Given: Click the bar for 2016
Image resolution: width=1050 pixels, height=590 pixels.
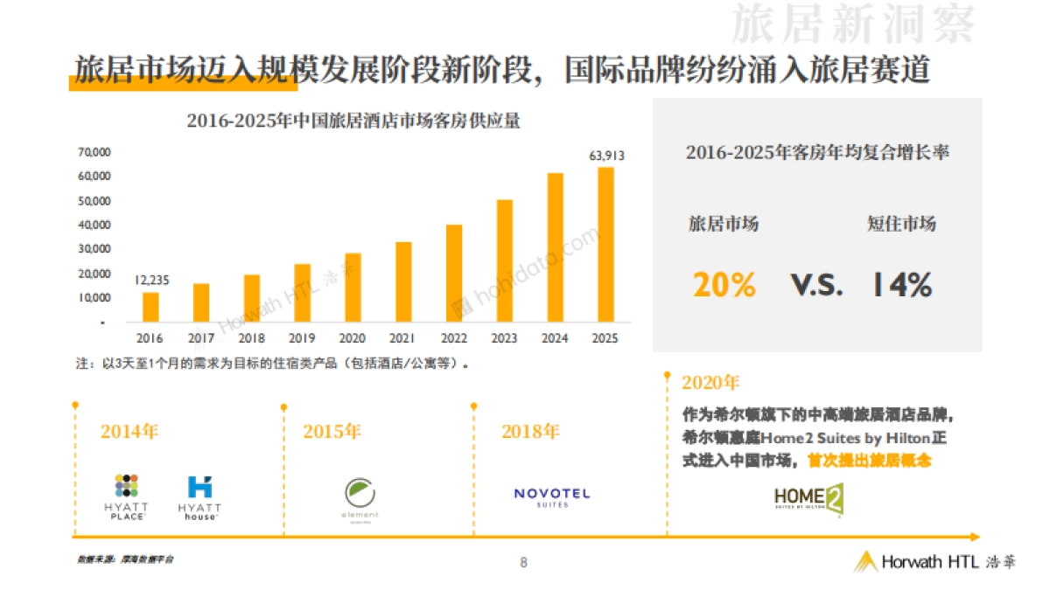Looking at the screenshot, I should (x=150, y=307).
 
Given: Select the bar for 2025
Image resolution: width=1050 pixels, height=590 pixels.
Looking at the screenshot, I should (x=605, y=245).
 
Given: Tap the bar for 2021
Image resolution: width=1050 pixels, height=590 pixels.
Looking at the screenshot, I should (x=403, y=282).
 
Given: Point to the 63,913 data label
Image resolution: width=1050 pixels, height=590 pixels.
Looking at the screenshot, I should (x=606, y=156).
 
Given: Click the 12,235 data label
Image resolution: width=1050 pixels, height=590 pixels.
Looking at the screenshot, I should (x=151, y=280).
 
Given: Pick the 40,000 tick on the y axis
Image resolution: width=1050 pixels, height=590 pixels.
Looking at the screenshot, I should (x=94, y=225).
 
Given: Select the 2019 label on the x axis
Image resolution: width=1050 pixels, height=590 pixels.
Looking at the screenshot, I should (x=302, y=338).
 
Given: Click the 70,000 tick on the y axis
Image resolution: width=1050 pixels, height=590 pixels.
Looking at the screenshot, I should (x=94, y=152).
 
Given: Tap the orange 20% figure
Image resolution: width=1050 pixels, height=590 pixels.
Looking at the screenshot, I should (x=724, y=285).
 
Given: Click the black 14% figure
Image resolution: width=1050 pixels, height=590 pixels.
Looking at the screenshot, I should (x=900, y=285).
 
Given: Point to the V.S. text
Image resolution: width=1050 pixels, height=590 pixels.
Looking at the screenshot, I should (x=816, y=285).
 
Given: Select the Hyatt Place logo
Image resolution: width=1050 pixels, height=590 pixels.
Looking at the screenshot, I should (x=127, y=496).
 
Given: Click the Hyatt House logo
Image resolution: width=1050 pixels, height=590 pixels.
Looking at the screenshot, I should (x=199, y=497).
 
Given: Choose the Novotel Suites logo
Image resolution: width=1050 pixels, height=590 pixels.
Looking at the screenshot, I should (x=551, y=496).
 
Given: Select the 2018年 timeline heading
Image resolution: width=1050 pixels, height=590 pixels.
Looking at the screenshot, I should (x=530, y=431).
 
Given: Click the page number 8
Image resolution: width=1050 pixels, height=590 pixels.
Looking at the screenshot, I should (x=523, y=562).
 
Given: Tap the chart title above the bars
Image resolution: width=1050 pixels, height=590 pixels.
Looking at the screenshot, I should (x=353, y=121).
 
